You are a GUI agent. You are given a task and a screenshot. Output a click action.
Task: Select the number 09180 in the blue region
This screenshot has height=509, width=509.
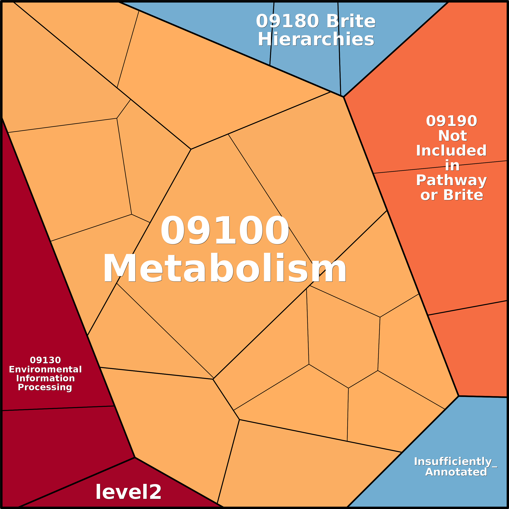[x=287, y=21]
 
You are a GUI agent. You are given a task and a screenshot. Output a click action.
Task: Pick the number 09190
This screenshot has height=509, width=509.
[x=452, y=121]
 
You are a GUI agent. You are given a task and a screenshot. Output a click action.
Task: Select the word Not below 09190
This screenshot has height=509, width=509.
[x=452, y=136]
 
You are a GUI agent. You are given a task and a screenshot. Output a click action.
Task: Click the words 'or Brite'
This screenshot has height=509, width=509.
[x=452, y=195]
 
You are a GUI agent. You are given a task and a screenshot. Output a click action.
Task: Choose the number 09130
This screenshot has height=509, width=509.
[x=45, y=360]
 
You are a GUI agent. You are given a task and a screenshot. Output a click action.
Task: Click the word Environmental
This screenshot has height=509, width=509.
[x=45, y=369]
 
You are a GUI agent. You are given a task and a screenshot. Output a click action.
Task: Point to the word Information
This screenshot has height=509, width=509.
[x=45, y=378]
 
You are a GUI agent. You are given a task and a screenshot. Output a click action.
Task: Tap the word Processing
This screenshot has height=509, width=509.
[x=45, y=387]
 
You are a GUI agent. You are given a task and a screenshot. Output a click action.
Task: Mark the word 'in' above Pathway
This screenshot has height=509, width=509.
[x=452, y=166]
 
